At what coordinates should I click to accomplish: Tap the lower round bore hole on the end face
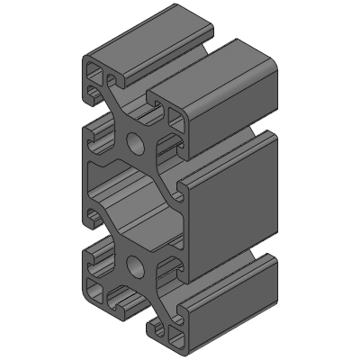point(135,265)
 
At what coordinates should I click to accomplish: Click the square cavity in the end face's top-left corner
point(94,75)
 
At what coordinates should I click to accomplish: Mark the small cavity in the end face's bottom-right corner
point(173,337)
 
